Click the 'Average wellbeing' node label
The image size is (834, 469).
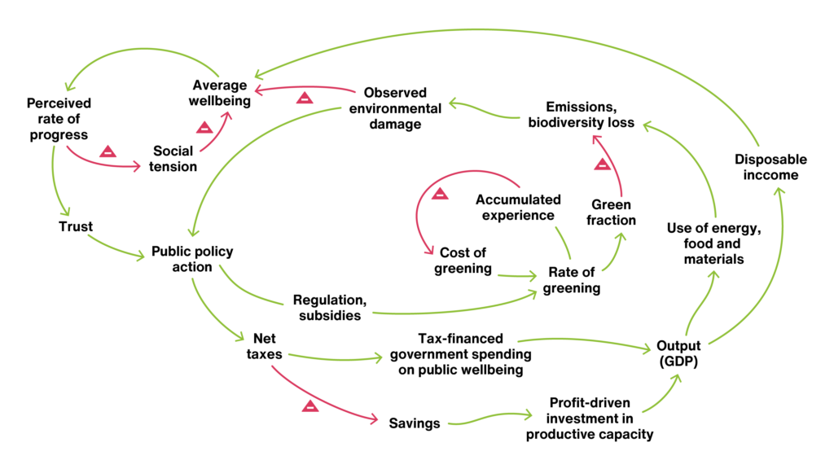pos(220,93)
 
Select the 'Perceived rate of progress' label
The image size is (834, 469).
pos(59,119)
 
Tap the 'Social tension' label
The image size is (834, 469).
pos(173,159)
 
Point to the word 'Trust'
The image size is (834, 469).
pos(76,226)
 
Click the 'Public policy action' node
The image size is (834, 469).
pos(192,259)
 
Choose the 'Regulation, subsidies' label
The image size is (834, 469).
pos(330,307)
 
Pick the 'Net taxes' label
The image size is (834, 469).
pos(265,346)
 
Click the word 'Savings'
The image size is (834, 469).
pos(415,423)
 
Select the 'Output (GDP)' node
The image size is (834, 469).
pos(678,353)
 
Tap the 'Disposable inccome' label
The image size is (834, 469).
pos(770,167)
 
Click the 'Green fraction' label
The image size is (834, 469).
pos(611,213)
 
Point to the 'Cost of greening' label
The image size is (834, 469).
pos(463,260)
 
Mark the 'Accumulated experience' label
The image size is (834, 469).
pos(518,208)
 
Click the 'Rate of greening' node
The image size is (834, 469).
pos(572,280)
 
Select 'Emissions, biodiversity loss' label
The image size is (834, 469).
pos(582,115)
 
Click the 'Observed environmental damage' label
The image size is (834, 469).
pos(395,108)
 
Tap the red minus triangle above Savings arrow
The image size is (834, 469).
pos(310,406)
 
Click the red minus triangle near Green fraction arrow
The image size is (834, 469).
pos(602,164)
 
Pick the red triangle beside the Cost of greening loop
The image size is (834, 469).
pos(440,194)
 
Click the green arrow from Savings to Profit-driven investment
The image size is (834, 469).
pos(489,418)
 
